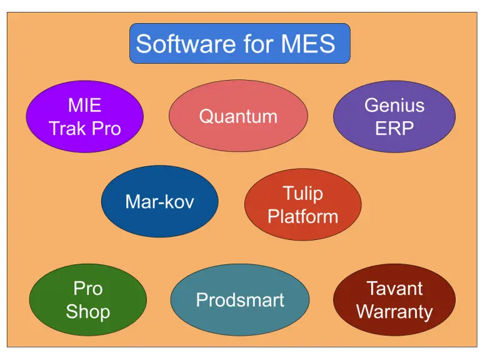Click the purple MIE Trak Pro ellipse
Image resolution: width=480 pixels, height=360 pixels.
tap(84, 116)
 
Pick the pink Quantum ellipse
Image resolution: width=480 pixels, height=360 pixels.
tap(238, 116)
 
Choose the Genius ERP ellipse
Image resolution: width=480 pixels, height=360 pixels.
tap(394, 116)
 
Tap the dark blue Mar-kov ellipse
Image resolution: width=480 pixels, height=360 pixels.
tap(159, 201)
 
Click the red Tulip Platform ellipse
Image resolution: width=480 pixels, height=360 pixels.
tap(302, 204)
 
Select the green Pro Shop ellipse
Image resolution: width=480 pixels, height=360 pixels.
tap(88, 300)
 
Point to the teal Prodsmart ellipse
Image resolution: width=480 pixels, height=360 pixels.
tap(240, 300)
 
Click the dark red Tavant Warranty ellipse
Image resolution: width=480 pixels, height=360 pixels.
tap(394, 300)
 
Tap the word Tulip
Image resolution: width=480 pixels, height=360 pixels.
tap(302, 193)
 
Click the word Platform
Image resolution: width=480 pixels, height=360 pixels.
tap(302, 216)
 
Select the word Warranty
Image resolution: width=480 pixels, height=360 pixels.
tap(394, 311)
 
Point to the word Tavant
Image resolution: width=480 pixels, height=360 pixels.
tap(394, 288)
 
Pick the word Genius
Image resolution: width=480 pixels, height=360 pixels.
tap(394, 105)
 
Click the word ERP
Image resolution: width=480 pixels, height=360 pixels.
tap(394, 128)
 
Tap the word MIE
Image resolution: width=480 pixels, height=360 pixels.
tap(84, 105)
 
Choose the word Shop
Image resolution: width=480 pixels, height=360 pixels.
tap(88, 311)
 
